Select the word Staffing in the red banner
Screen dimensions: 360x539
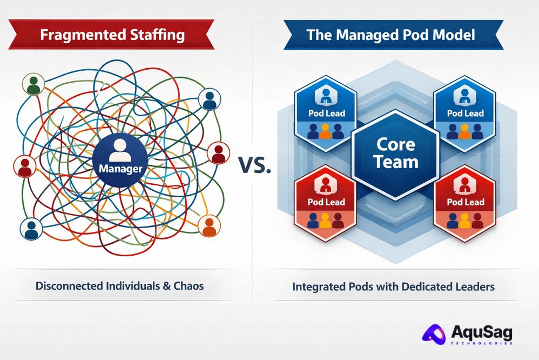[x=157, y=36]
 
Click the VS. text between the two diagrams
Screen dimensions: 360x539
[x=253, y=165]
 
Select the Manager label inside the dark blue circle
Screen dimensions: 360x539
[x=120, y=169]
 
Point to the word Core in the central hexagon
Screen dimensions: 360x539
[x=395, y=144]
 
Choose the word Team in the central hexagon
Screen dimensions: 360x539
[x=396, y=162]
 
